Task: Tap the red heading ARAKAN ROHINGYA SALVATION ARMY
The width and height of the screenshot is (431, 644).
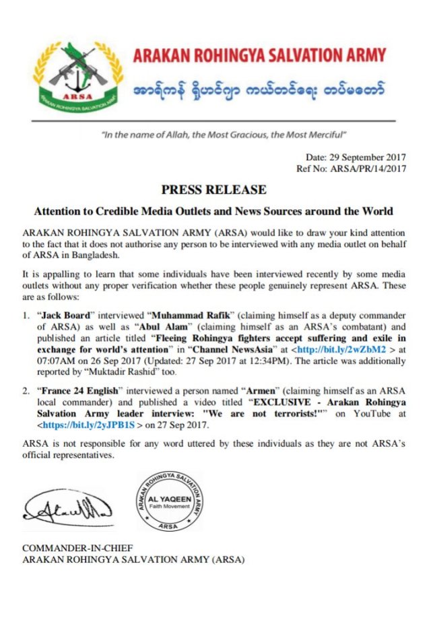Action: coord(260,55)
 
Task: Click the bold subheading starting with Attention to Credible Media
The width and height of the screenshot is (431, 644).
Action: coord(213,211)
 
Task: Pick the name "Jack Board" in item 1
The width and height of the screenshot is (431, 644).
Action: coord(63,315)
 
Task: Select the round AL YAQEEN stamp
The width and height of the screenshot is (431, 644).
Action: coord(170,502)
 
